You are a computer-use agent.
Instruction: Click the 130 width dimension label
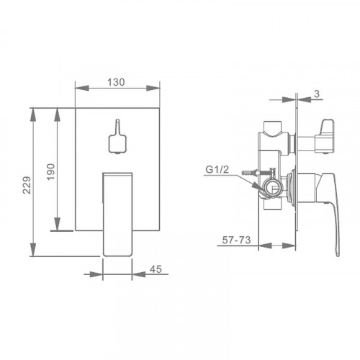[116, 82]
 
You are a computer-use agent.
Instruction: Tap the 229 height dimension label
[27, 185]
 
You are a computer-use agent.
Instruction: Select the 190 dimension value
[50, 171]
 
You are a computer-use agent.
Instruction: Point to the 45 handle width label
[156, 269]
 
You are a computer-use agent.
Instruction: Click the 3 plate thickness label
[317, 94]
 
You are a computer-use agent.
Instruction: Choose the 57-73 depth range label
[236, 240]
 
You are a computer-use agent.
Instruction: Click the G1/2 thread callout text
[217, 170]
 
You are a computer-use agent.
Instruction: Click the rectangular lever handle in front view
[117, 215]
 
